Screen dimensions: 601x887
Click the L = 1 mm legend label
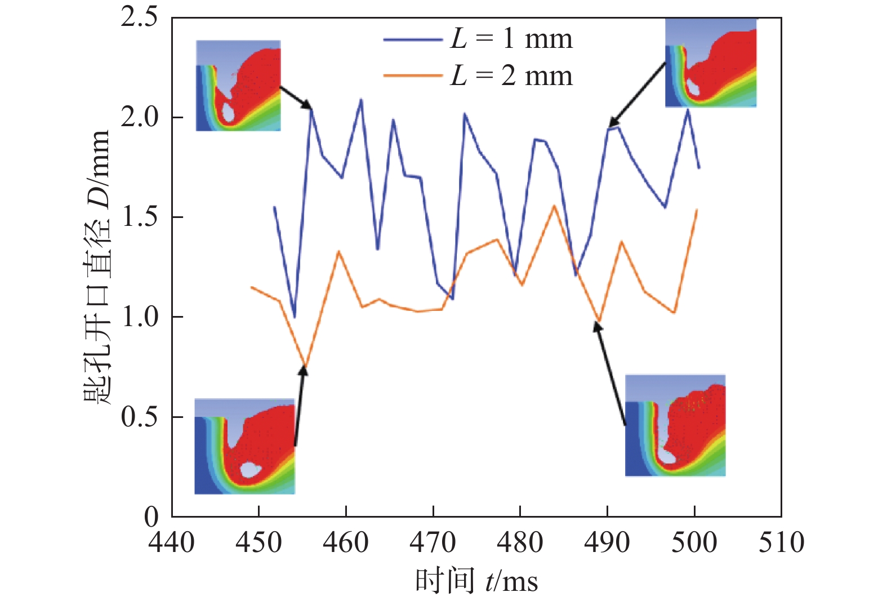pos(511,39)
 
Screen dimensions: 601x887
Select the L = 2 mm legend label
pos(511,76)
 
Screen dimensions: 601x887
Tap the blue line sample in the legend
pos(412,40)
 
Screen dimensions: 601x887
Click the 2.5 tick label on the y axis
pos(139,17)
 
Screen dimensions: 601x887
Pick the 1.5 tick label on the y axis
pos(139,217)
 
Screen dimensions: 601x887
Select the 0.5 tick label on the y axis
pos(139,417)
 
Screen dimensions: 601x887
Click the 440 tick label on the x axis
pos(171,543)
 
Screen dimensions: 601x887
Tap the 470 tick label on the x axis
pos(433,543)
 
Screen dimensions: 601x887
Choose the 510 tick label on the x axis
pos(781,543)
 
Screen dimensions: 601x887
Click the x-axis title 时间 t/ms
pos(476,581)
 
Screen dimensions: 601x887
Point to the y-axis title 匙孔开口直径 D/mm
pos(96,268)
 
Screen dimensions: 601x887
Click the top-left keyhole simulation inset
pos(238,86)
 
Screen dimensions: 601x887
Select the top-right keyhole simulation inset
pos(711,63)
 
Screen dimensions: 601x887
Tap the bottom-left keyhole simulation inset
pos(244,446)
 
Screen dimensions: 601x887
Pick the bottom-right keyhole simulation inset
pos(675,425)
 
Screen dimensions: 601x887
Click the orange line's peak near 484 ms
pos(554,206)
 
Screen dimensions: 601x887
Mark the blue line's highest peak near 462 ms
pos(361,100)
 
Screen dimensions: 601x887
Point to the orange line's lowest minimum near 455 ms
pos(305,365)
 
